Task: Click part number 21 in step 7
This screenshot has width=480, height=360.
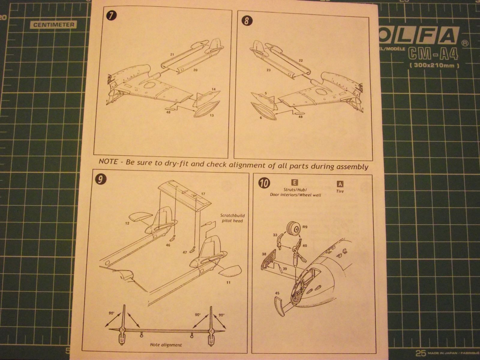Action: [172, 54]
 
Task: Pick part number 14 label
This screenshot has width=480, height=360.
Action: [213, 89]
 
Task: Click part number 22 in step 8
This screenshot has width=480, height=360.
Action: [301, 61]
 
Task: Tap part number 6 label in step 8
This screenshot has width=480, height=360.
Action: [261, 118]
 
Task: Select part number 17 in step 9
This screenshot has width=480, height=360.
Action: [203, 194]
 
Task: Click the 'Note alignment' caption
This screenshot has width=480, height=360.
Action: [166, 345]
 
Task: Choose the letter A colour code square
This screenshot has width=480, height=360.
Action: [340, 184]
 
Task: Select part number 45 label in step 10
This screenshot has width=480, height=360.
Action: [277, 293]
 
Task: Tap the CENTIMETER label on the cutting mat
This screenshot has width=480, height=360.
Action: [53, 25]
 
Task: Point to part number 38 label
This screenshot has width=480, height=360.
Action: [264, 254]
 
